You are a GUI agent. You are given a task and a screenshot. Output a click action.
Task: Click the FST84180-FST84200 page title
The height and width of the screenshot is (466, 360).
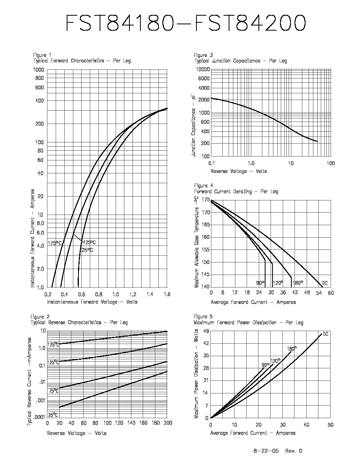185,23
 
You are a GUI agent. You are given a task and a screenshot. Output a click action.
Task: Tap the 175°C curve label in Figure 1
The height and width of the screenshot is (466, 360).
55,243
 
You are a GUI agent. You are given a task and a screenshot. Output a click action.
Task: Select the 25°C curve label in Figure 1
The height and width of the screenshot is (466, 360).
87,250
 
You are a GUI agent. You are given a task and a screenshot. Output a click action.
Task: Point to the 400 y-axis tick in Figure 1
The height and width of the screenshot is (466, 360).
40,101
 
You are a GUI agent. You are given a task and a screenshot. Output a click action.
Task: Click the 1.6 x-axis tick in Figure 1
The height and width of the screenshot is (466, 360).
167,294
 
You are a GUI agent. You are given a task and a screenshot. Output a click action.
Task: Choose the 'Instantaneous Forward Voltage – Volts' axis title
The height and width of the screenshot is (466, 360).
92,302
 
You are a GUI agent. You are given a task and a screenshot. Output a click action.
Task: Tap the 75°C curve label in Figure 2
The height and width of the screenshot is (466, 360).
53,391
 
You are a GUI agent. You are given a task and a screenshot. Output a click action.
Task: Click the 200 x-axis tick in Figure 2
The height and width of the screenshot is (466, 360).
167,422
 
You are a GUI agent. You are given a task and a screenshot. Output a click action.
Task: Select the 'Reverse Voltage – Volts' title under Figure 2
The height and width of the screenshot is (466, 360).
76,433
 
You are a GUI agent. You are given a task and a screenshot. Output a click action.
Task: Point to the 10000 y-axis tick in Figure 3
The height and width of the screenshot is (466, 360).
203,69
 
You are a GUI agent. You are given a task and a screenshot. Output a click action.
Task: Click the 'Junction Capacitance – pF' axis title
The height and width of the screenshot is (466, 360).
193,125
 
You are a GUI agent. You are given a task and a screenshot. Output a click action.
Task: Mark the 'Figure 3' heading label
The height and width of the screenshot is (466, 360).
203,55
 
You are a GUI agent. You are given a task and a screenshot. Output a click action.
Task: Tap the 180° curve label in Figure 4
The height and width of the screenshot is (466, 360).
298,283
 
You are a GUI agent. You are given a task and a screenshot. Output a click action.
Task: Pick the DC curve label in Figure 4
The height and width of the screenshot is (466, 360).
324,283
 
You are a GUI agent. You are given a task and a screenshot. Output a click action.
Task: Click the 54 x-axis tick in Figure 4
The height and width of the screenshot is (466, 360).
319,293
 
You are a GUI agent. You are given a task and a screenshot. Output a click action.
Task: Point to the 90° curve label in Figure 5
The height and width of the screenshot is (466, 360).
265,365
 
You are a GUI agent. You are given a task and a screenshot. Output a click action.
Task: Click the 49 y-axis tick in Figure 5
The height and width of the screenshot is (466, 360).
206,331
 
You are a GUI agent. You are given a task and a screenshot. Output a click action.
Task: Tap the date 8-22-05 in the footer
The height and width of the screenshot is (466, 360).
266,451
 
